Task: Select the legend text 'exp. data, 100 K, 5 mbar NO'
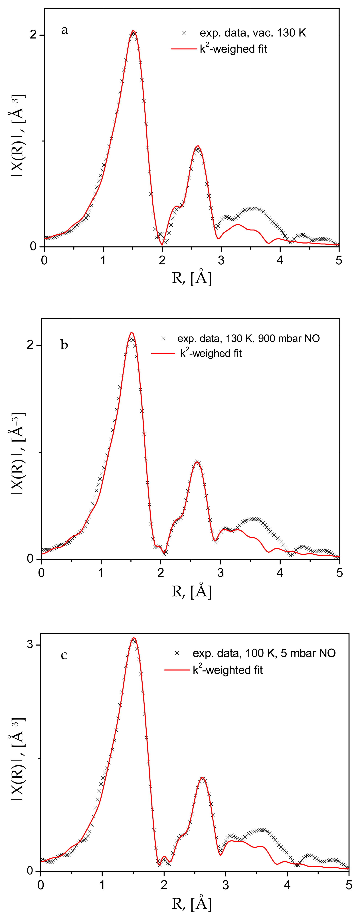[x=264, y=653]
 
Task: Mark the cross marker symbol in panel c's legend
[x=177, y=653]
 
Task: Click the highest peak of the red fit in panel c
[x=134, y=637]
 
